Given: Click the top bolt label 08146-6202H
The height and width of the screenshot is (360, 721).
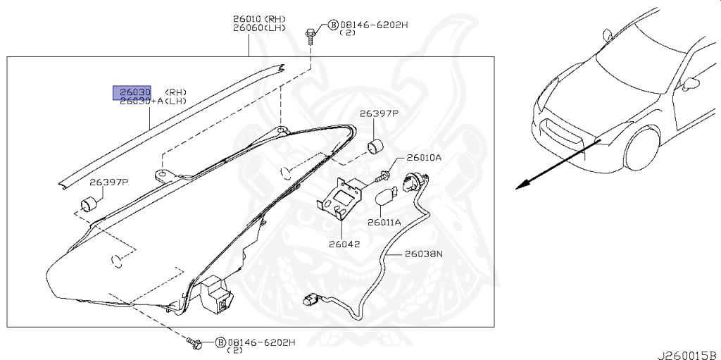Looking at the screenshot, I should (374, 25).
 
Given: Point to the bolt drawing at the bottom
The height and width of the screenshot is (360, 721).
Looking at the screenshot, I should (195, 345).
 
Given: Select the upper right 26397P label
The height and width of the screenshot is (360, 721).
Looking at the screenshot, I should (379, 113).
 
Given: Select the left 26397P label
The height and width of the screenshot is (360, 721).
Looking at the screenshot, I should (109, 182).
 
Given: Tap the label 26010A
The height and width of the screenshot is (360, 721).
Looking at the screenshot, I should (425, 158).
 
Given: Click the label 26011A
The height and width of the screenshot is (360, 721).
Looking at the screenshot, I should (384, 222).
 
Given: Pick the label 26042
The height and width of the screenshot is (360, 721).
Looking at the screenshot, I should (344, 244).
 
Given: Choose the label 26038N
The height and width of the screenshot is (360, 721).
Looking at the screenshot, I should (424, 254).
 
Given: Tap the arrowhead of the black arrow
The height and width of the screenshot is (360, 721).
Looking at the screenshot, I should (520, 186).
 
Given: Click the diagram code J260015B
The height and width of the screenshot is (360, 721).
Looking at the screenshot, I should (687, 353).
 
